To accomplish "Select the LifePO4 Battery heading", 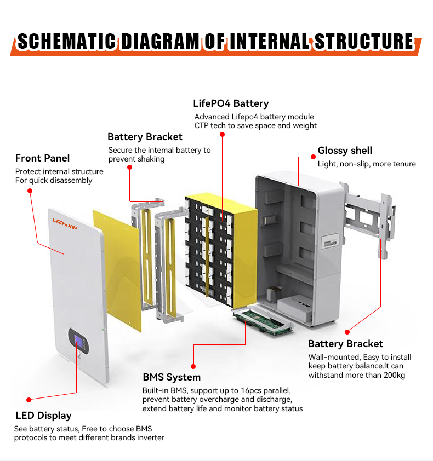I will pyautogui.click(x=231, y=103).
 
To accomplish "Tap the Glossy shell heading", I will pyautogui.click(x=345, y=151).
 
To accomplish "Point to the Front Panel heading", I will pyautogui.click(x=42, y=158).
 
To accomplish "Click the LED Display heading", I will pyautogui.click(x=43, y=416).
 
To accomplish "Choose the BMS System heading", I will pyautogui.click(x=172, y=377).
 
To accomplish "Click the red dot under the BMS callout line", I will pyautogui.click(x=193, y=366).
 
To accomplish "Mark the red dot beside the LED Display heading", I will pyautogui.click(x=29, y=400).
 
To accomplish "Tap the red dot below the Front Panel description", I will pyautogui.click(x=30, y=191).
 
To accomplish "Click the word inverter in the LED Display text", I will pyautogui.click(x=150, y=437).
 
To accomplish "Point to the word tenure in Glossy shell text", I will pyautogui.click(x=404, y=164).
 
